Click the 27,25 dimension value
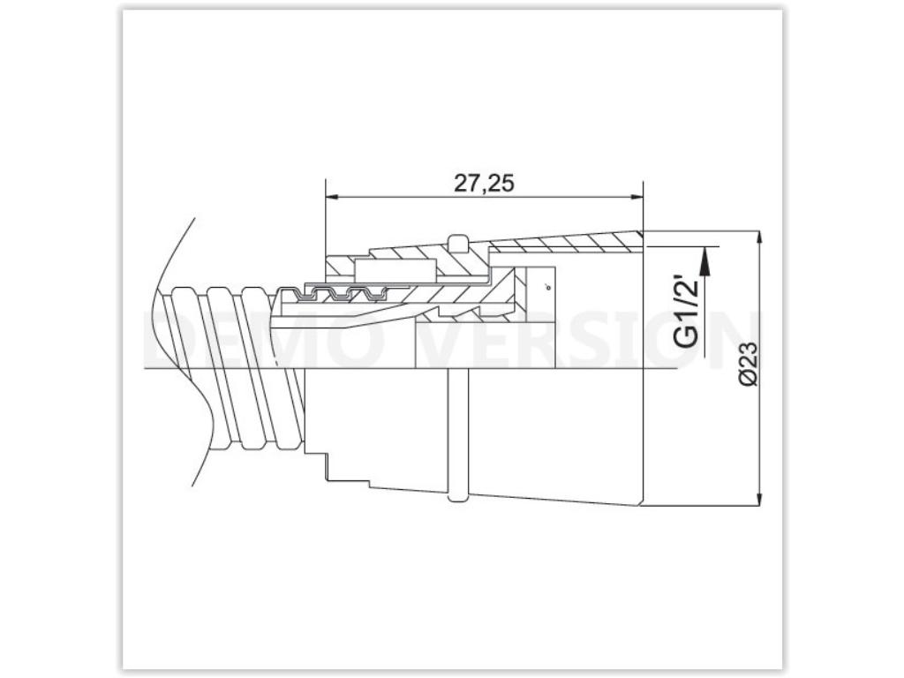click(x=484, y=183)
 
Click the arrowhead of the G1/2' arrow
click(x=704, y=255)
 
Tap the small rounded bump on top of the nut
click(x=456, y=241)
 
